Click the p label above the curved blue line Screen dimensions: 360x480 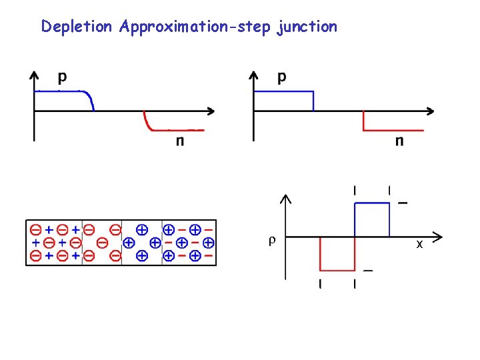62,77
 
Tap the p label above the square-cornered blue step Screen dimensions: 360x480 282,77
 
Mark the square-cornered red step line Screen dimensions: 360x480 393,130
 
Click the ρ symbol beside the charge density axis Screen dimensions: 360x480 270,240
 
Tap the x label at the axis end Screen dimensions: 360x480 419,245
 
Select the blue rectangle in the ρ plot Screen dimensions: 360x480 371,220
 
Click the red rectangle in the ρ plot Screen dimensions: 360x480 337,253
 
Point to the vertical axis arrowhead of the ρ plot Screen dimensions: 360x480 285,198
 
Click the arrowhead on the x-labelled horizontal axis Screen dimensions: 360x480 438,237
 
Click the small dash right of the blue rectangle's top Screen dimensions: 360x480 403,203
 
